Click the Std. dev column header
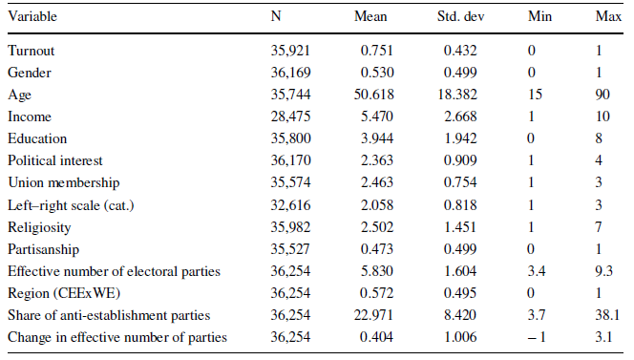(x=461, y=17)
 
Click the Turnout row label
(x=32, y=50)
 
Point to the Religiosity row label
(x=38, y=226)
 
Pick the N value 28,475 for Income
(x=290, y=116)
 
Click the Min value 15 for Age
(x=534, y=95)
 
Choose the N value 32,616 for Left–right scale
(x=290, y=204)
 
